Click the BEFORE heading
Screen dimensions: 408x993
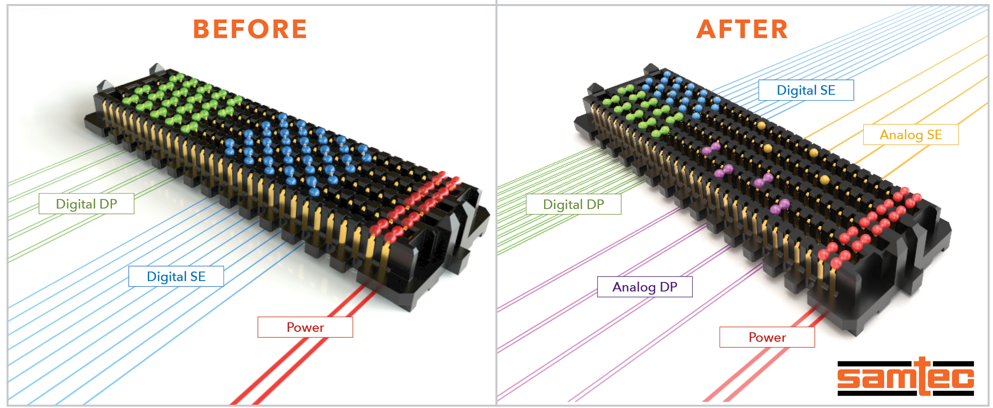click(x=250, y=29)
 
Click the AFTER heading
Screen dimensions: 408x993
click(x=742, y=29)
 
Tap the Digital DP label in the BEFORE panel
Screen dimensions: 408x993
click(x=86, y=204)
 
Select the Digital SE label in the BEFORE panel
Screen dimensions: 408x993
click(x=176, y=277)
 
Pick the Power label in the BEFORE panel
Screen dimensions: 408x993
click(x=305, y=327)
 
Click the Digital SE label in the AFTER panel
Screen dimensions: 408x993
click(x=806, y=90)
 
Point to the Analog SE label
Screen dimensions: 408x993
click(x=910, y=135)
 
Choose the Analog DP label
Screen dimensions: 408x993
click(x=644, y=287)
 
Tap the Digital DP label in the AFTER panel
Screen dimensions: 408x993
click(x=573, y=204)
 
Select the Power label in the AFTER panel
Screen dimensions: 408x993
click(x=767, y=337)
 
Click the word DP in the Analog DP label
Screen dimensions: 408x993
click(x=669, y=287)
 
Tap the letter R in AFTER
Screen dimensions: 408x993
click(x=779, y=29)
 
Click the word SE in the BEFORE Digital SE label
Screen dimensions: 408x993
click(x=198, y=277)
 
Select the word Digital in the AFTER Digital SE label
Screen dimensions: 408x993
click(x=796, y=90)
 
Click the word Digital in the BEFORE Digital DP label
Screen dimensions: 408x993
click(x=76, y=204)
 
